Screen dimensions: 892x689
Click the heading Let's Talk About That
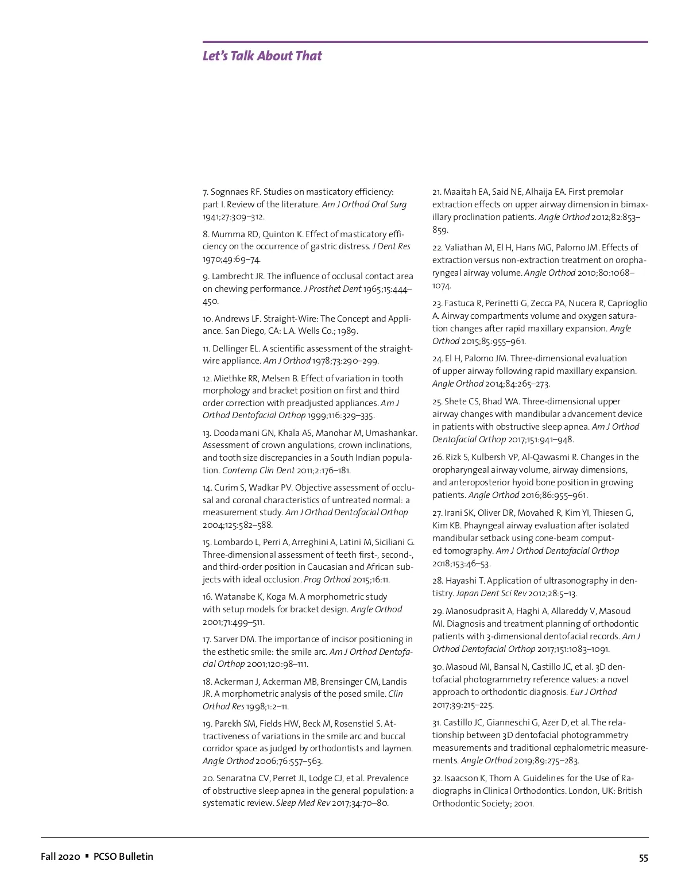(x=262, y=56)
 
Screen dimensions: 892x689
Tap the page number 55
(x=643, y=858)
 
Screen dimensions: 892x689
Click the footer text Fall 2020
(x=60, y=856)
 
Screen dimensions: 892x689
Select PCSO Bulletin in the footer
(x=123, y=856)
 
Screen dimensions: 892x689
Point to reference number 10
(x=207, y=319)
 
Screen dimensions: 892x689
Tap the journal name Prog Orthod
(x=327, y=580)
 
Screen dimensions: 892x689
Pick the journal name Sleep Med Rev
(x=303, y=803)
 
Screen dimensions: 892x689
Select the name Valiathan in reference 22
(x=464, y=248)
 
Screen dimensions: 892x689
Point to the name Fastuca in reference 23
(x=459, y=303)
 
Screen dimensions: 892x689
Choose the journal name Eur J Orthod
(x=593, y=692)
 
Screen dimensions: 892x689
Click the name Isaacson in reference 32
(x=462, y=778)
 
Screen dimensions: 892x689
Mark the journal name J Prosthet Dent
(x=332, y=289)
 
